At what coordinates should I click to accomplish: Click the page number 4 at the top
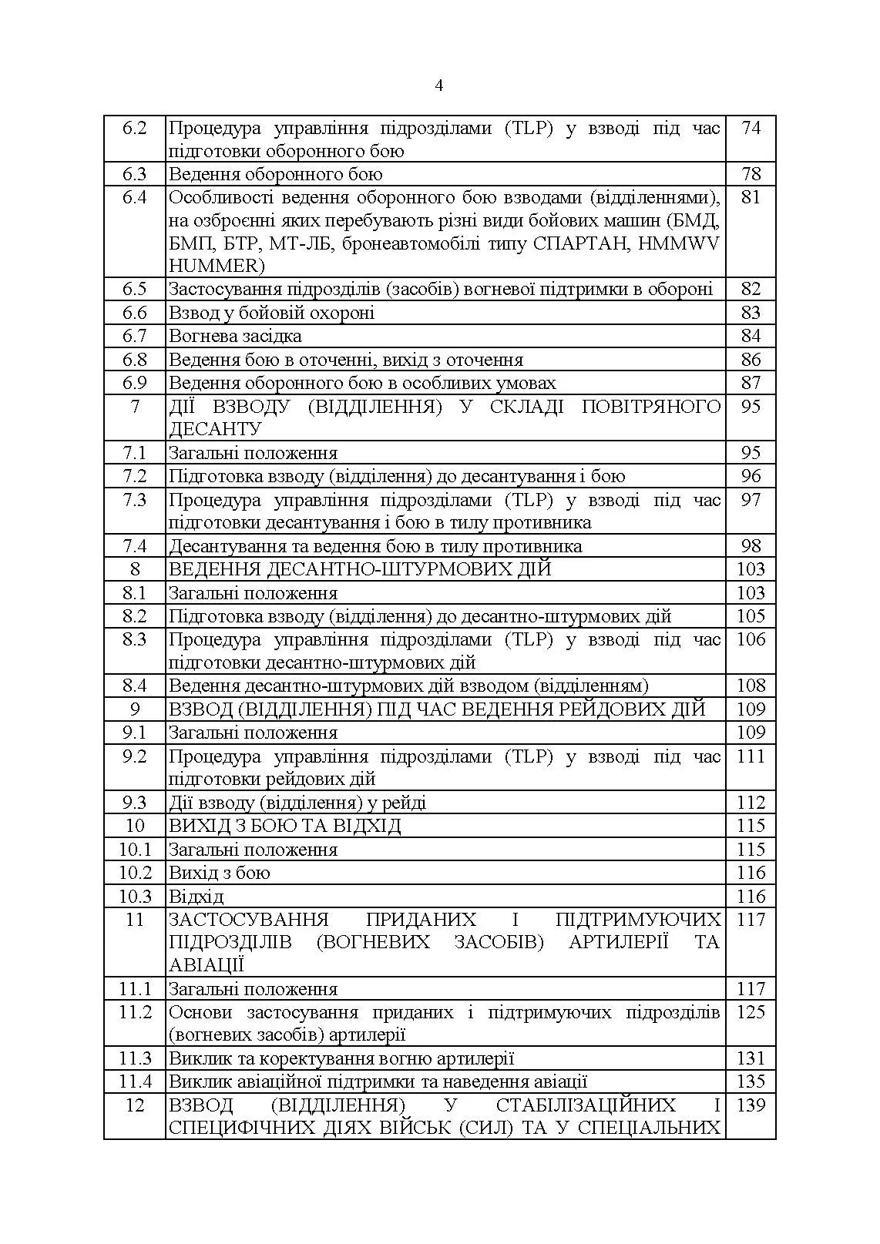coord(439,86)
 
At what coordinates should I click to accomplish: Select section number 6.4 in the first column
coord(134,197)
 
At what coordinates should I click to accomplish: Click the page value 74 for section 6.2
coord(751,128)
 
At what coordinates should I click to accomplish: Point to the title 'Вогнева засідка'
coord(235,336)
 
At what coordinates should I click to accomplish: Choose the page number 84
coord(751,336)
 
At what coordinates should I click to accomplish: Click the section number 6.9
coord(134,383)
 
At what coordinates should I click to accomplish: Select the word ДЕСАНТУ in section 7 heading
coord(215,429)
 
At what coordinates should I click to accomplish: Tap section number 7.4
coord(134,546)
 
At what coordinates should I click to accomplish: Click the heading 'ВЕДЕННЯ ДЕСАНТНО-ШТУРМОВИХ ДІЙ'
coord(360,569)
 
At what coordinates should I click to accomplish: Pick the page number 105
coord(751,616)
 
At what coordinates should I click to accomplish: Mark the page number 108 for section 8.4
coord(751,686)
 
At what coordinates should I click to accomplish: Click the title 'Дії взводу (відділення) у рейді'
coord(297,803)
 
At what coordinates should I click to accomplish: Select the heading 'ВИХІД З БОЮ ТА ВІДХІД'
coord(284,826)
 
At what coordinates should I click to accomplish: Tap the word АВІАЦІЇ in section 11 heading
coord(207,965)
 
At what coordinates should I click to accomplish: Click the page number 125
coord(751,1012)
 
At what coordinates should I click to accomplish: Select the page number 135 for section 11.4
coord(751,1081)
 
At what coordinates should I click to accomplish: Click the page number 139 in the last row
coord(751,1105)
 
